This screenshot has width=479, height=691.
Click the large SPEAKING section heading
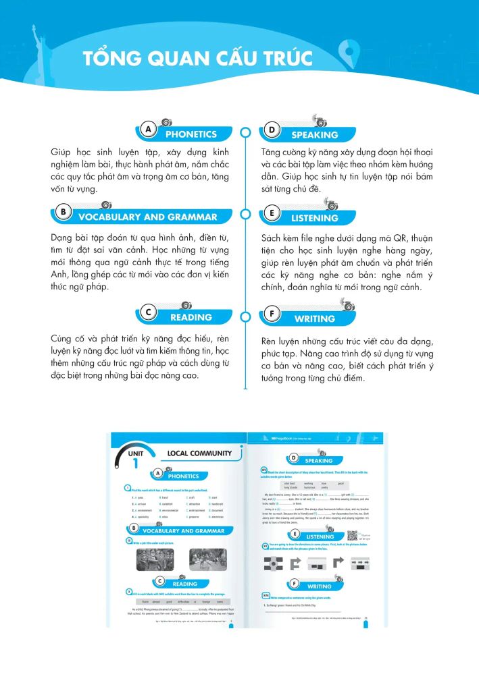pyautogui.click(x=314, y=135)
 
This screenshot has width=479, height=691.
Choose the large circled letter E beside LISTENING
pyautogui.click(x=270, y=213)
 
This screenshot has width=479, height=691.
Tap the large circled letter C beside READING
pyautogui.click(x=149, y=312)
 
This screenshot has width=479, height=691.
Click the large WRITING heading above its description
pyautogui.click(x=314, y=319)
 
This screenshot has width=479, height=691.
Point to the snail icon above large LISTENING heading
pyautogui.click(x=331, y=204)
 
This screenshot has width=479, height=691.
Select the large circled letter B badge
pyautogui.click(x=63, y=212)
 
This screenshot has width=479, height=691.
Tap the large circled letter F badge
pyautogui.click(x=270, y=313)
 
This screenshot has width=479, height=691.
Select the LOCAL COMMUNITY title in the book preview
pyautogui.click(x=199, y=453)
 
